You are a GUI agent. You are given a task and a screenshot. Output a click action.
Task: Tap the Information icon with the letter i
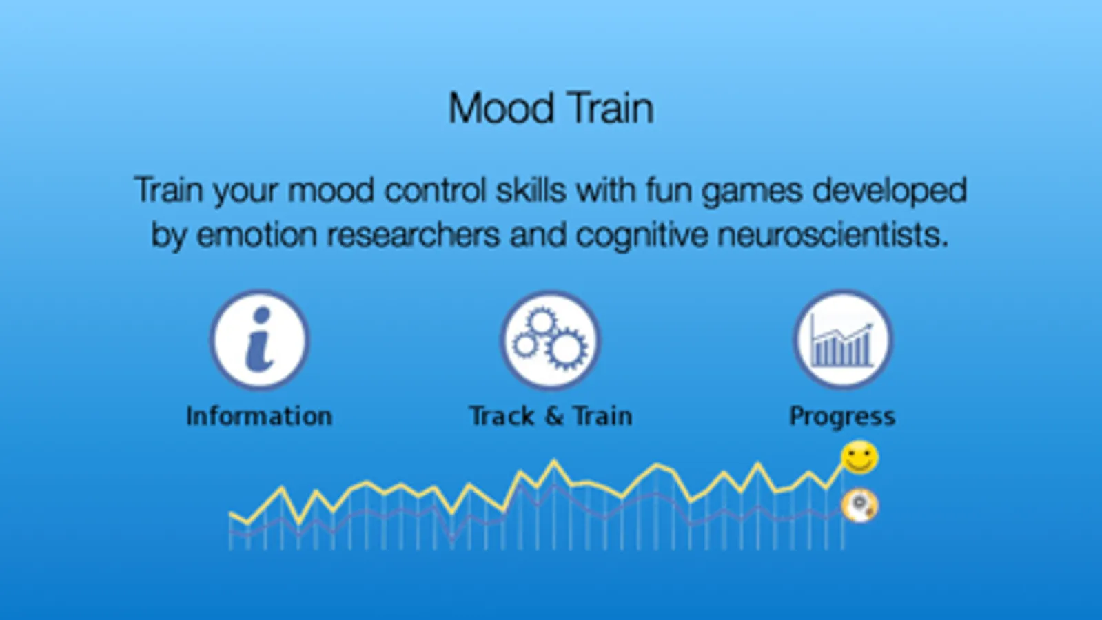(x=260, y=340)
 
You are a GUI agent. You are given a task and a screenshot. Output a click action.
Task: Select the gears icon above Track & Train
(x=551, y=340)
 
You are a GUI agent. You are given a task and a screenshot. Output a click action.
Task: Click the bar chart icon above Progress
(x=843, y=340)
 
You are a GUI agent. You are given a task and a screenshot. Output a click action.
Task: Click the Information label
(x=259, y=417)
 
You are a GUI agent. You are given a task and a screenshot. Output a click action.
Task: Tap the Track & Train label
(x=551, y=417)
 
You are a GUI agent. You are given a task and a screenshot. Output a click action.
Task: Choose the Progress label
(x=842, y=417)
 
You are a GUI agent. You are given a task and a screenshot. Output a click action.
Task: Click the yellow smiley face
(x=859, y=457)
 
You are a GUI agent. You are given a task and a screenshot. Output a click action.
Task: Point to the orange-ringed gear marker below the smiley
(x=859, y=506)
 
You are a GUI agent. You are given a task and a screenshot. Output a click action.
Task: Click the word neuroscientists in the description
(x=833, y=235)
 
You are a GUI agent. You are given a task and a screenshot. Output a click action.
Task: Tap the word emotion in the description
(x=257, y=235)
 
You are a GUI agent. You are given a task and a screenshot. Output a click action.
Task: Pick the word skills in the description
(x=531, y=189)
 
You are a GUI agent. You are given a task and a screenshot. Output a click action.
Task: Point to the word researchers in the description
(x=414, y=235)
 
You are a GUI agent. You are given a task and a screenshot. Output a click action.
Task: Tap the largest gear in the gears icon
(x=567, y=348)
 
